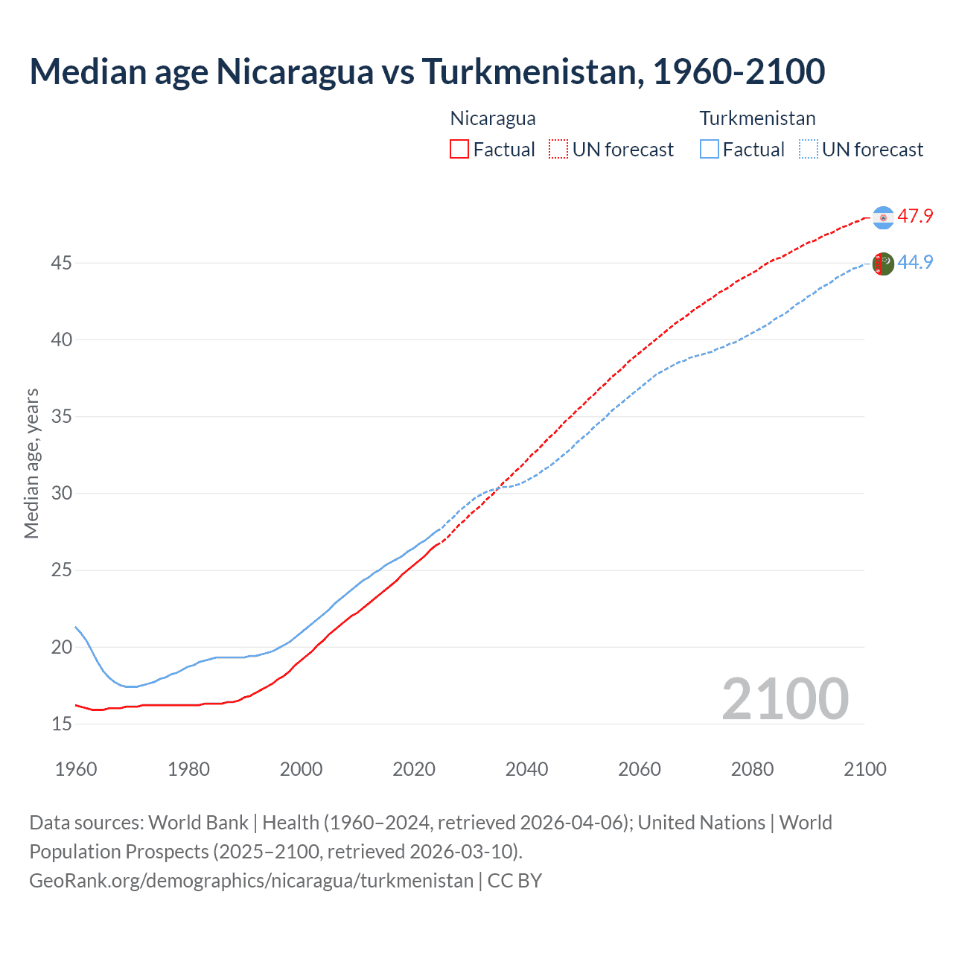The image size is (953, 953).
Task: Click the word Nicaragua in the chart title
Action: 295,71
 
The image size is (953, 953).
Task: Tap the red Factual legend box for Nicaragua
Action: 459,150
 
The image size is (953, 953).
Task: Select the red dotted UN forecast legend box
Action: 558,150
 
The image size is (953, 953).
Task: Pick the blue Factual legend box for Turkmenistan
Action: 710,150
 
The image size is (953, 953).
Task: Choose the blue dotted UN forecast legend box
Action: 809,150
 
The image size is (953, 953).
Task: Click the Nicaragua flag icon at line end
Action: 883,217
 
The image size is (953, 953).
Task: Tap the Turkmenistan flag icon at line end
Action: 883,264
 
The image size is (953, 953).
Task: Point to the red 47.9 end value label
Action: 915,217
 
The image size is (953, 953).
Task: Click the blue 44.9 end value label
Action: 915,263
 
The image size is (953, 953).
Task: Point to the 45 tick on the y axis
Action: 62,264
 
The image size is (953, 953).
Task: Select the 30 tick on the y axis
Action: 62,494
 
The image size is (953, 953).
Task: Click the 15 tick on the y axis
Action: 62,724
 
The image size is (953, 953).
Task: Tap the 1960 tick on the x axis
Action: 76,769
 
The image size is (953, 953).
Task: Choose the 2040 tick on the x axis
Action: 526,769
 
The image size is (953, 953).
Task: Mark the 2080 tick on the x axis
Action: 752,769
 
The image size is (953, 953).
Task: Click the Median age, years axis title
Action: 32,463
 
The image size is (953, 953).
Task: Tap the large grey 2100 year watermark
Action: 785,699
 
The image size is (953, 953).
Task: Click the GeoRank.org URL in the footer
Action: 251,881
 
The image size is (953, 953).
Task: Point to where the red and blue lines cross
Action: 497,488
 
